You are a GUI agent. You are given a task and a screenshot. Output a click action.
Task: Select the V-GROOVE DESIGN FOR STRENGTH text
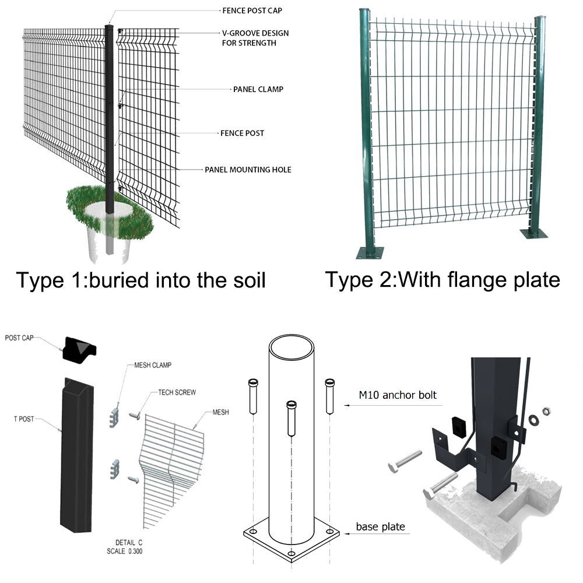click(255, 38)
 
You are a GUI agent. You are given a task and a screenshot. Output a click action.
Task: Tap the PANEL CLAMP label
click(258, 89)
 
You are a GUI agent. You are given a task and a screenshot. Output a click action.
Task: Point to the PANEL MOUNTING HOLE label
click(248, 170)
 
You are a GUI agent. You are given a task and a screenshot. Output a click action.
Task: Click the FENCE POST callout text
click(242, 133)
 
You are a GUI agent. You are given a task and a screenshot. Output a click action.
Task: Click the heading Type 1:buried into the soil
click(141, 280)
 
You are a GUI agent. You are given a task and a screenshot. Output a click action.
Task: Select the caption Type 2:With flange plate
click(442, 279)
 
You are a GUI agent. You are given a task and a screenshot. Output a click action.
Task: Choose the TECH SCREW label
click(177, 392)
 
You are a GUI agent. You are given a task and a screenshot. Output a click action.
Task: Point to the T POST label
click(27, 419)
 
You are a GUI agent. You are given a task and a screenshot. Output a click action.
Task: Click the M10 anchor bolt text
click(398, 395)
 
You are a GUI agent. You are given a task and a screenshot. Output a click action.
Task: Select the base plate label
click(380, 526)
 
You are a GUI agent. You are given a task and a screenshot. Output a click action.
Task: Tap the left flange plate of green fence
click(370, 252)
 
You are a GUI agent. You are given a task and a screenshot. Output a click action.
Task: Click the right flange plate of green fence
click(535, 233)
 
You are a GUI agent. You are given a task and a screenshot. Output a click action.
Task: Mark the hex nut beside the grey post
click(547, 412)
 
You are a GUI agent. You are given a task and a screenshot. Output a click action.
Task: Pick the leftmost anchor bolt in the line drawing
click(253, 396)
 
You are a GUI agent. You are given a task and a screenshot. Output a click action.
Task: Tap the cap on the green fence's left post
click(364, 12)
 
